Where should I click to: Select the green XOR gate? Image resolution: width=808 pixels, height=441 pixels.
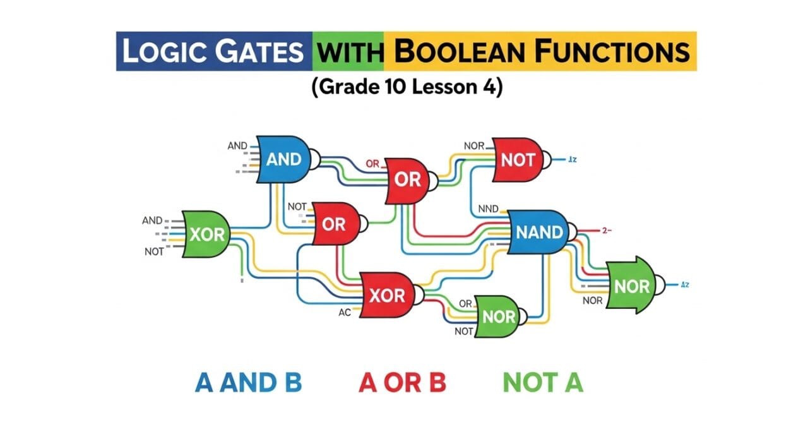206,234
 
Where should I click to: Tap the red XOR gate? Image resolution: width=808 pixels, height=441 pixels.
386,295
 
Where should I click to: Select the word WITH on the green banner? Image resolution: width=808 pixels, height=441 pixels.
348,52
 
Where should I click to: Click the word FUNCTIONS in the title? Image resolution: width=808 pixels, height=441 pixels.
612,52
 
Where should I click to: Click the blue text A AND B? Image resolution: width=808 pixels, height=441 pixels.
248,382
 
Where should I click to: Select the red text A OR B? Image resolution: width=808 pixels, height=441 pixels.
403,382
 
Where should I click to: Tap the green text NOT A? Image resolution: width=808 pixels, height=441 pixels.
543,382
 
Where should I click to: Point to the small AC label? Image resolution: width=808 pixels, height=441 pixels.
345,312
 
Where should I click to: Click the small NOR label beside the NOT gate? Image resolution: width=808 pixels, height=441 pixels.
474,146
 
